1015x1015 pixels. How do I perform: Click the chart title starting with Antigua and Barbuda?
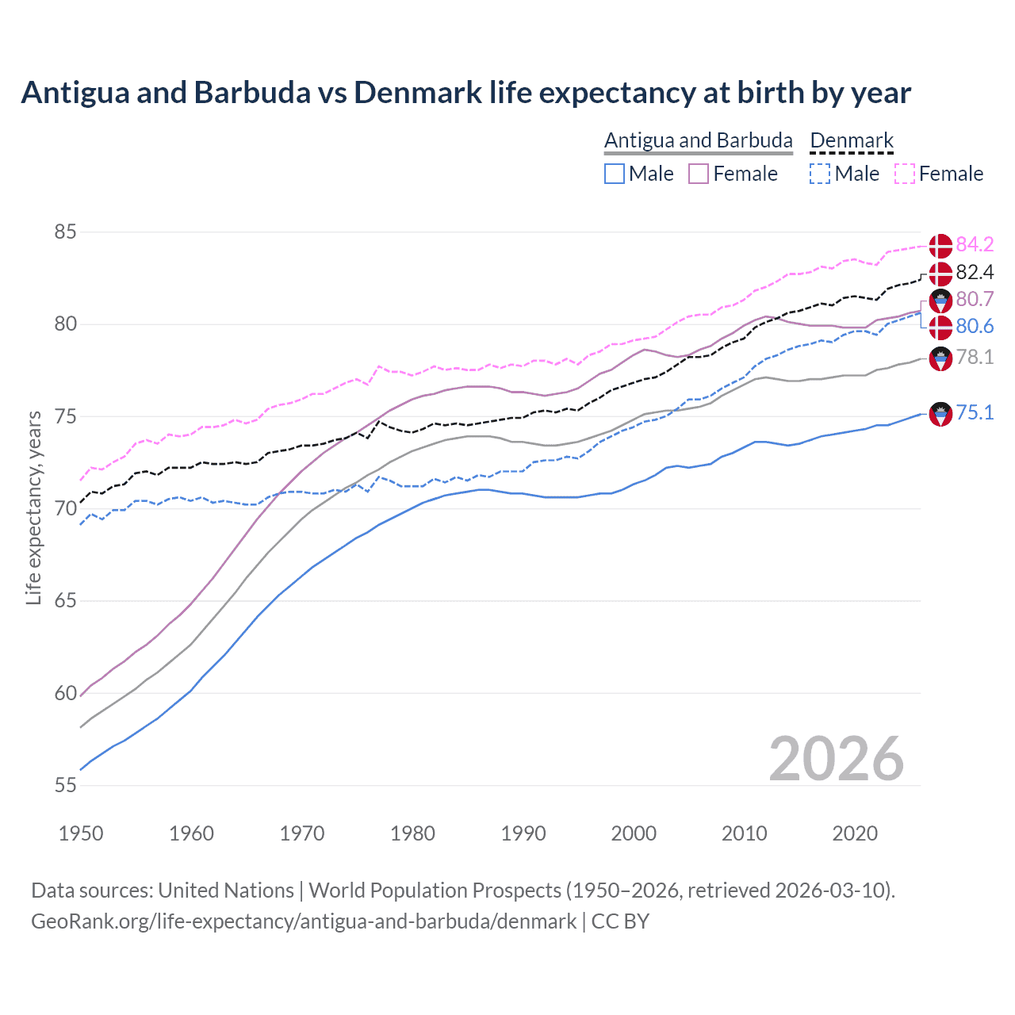[465, 93]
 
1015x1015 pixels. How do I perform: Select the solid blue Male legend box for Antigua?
[615, 174]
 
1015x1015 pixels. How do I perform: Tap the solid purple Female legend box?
[699, 174]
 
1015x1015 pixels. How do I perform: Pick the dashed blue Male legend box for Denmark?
[820, 174]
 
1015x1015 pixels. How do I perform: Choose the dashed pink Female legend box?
[904, 174]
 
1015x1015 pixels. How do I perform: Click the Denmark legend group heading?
[852, 141]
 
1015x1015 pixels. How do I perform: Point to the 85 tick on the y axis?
[65, 232]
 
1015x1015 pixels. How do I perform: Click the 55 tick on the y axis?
[65, 786]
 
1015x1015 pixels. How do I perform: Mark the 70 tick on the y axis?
[65, 509]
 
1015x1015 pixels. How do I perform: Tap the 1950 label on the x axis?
[81, 833]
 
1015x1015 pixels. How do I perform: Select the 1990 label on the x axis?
[523, 833]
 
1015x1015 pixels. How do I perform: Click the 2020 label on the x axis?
[855, 833]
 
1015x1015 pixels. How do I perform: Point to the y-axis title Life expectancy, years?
[33, 507]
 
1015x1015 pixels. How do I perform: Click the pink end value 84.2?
[975, 244]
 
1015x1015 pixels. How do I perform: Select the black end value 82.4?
[975, 273]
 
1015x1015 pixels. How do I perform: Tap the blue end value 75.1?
[975, 413]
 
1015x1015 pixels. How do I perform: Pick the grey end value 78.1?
[975, 358]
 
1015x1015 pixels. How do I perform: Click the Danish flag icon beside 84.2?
[940, 245]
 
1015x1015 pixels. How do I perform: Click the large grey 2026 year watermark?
[836, 759]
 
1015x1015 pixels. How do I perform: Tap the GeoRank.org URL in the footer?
[304, 921]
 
